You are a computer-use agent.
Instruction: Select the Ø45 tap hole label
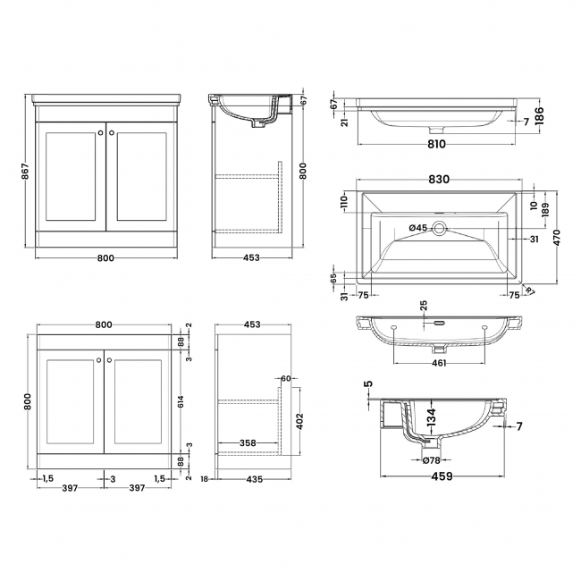pos(417,228)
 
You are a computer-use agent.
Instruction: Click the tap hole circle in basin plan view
pos(441,228)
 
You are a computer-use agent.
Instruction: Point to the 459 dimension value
pos(442,475)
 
